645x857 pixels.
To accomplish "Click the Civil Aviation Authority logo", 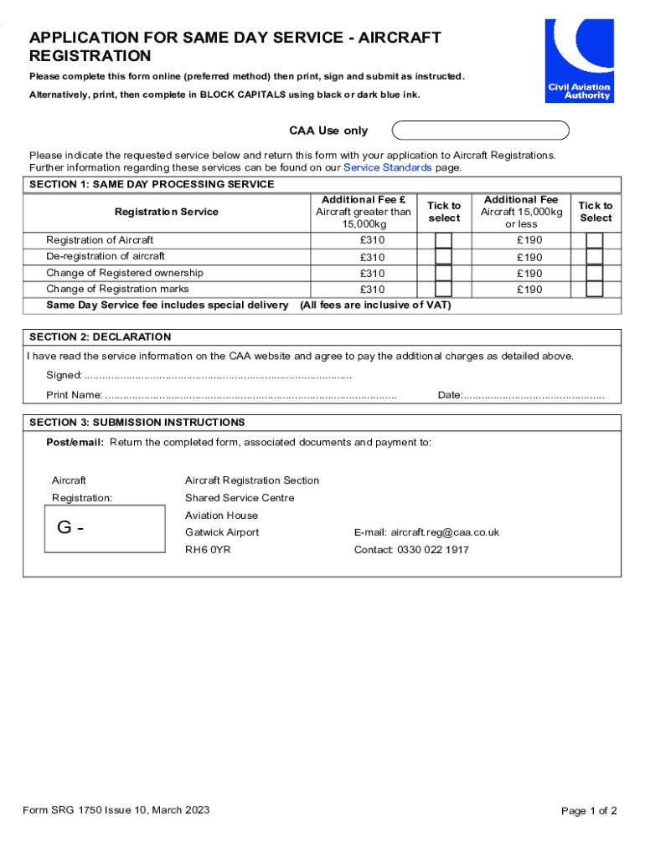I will click(x=579, y=60).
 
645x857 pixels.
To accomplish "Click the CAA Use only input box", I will click(x=480, y=131).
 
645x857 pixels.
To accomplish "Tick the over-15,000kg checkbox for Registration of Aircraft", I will click(x=444, y=240).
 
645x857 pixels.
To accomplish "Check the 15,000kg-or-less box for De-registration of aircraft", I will click(x=595, y=257).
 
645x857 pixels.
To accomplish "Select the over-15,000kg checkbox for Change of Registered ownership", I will click(x=444, y=273).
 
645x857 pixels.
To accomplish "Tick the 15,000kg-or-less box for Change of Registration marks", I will click(x=595, y=289).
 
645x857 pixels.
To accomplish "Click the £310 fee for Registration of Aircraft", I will click(x=372, y=240).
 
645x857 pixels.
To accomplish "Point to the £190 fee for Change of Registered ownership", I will click(x=529, y=273).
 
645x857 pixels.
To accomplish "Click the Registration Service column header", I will click(x=166, y=212).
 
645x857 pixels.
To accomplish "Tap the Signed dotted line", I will click(x=218, y=376).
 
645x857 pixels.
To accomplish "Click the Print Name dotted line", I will click(x=250, y=395).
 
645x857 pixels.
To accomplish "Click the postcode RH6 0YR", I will click(x=208, y=550).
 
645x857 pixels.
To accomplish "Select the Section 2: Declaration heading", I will click(x=100, y=337).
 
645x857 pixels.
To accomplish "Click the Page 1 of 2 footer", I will click(x=589, y=810).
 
